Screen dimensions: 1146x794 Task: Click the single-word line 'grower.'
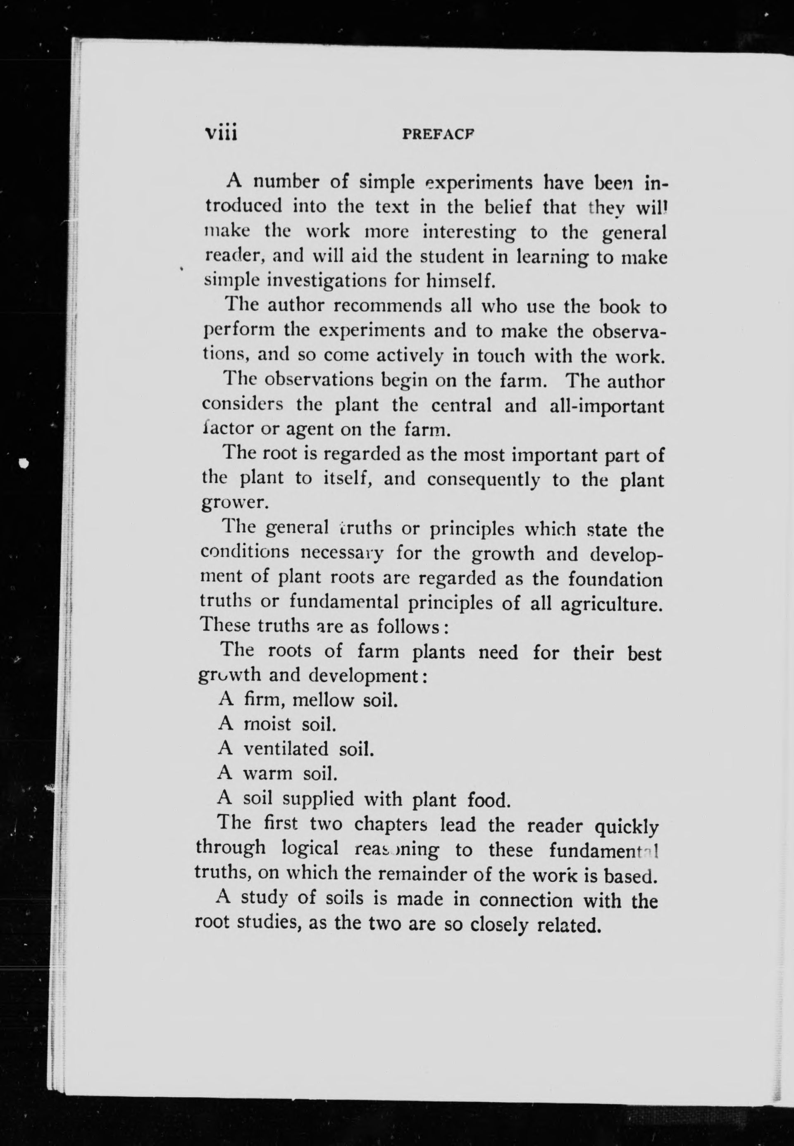pos(235,503)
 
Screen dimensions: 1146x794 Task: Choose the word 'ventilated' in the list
pos(286,749)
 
